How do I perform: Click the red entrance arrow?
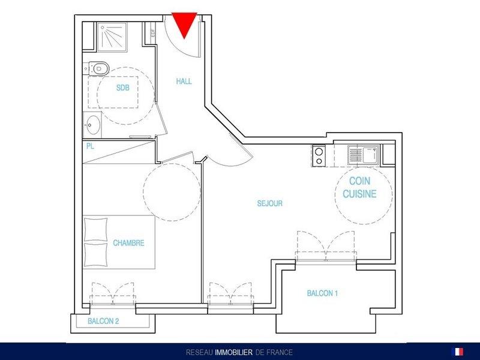(184, 25)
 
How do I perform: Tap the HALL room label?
(184, 82)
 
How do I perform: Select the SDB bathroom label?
(123, 88)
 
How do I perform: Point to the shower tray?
(112, 37)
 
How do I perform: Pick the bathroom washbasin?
(92, 125)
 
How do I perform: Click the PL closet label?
(90, 146)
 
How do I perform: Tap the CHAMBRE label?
(128, 243)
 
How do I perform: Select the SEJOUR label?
(269, 203)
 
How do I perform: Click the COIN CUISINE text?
(359, 187)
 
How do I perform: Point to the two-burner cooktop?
(319, 156)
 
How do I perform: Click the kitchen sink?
(363, 155)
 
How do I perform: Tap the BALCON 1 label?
(322, 293)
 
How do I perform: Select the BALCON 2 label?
(103, 321)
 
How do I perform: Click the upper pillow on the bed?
(96, 230)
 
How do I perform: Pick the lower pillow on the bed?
(96, 254)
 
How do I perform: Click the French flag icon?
(457, 352)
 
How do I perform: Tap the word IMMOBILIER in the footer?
(234, 352)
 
